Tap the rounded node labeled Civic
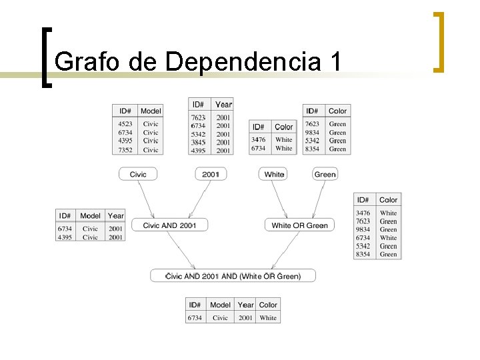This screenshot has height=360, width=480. [138, 174]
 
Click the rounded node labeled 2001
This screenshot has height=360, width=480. [211, 174]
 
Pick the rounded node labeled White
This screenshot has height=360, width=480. [274, 174]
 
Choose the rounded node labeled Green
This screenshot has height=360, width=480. [325, 174]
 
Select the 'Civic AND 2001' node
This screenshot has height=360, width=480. [169, 225]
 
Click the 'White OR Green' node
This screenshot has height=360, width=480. [299, 225]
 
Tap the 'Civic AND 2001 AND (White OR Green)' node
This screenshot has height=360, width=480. [233, 275]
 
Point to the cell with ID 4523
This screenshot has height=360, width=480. [125, 124]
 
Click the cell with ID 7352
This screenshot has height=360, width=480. [125, 150]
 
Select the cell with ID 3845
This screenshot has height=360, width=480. [198, 142]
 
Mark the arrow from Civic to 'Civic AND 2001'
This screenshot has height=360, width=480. [146, 199]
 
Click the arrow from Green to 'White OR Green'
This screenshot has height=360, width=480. [313, 199]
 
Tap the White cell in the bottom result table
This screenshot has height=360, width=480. [268, 318]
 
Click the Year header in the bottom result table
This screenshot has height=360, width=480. [245, 305]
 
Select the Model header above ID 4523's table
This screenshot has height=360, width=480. [151, 111]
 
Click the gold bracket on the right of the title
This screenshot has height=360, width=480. [438, 41]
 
